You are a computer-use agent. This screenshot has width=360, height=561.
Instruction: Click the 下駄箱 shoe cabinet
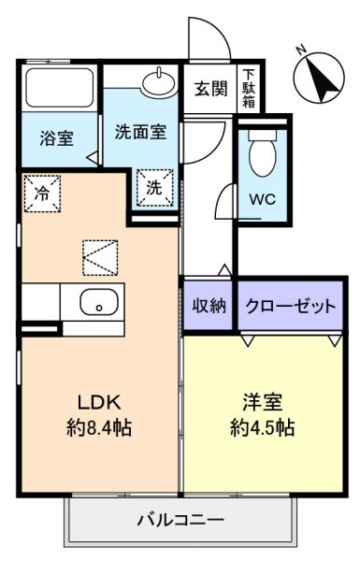tap(249, 89)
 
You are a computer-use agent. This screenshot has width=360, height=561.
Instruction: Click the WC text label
tap(263, 199)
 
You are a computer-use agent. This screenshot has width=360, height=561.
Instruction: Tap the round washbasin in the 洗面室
tap(159, 81)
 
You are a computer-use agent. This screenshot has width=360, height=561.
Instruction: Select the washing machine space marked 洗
tap(154, 188)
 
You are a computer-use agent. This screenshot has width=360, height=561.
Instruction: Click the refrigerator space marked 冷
tap(42, 194)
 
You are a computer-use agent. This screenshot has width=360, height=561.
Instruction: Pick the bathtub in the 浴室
tap(60, 87)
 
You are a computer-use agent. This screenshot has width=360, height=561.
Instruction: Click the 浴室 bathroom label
tap(56, 138)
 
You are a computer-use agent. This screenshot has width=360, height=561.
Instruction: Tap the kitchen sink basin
tap(99, 303)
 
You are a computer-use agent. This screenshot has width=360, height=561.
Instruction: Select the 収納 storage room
tap(209, 306)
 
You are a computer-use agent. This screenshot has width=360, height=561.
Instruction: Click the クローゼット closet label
tap(291, 307)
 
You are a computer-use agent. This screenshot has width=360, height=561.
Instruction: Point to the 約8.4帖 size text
tap(99, 428)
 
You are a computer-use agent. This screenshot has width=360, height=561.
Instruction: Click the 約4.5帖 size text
tap(263, 427)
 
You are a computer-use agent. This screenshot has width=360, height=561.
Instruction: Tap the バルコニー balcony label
tap(180, 520)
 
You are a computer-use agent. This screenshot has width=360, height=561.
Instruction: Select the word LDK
tap(99, 402)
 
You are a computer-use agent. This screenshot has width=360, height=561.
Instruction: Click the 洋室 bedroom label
tap(263, 402)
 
